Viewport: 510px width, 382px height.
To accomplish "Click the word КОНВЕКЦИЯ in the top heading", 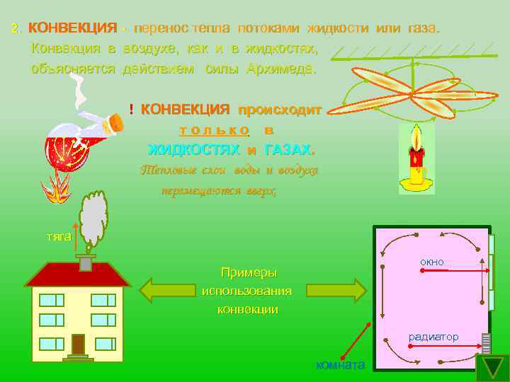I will [72, 28].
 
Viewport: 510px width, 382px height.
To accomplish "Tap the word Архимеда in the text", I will [281, 70].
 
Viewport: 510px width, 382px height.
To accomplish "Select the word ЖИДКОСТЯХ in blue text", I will [193, 149].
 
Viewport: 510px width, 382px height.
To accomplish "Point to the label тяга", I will [58, 236].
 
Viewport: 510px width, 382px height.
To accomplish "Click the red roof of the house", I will [78, 274].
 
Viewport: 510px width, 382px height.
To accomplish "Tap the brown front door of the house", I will [78, 344].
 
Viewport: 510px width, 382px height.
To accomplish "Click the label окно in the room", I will [432, 262].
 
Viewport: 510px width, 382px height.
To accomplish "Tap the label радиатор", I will [433, 337].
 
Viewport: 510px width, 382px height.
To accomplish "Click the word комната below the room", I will [341, 364].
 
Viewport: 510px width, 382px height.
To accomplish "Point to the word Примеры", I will [249, 273].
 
